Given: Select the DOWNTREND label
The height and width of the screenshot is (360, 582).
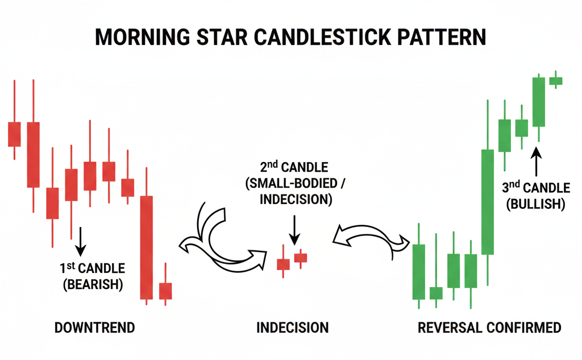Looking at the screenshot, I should [94, 328].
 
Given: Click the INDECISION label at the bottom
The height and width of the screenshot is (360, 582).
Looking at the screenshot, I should [292, 328].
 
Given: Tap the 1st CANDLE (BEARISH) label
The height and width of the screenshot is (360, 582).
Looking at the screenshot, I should [93, 276].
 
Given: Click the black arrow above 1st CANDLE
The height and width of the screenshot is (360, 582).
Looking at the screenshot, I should [81, 239].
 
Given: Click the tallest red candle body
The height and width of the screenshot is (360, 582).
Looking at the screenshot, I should [147, 247].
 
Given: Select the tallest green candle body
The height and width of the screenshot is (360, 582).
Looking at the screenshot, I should [487, 201].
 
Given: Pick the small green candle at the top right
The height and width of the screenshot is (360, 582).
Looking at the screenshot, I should [555, 81].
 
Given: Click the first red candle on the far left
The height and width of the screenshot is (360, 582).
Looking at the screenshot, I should [14, 134].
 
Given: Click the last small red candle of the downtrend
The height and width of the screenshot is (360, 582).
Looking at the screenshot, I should [165, 290].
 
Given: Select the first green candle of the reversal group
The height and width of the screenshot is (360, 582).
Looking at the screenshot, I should [419, 271].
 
